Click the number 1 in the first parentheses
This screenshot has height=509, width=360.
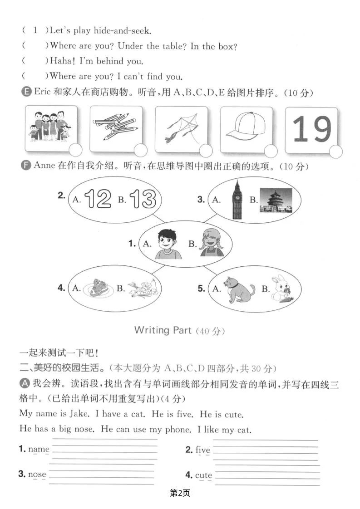point(35,30)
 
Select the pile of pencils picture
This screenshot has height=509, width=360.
point(115,127)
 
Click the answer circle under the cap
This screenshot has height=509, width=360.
point(271,151)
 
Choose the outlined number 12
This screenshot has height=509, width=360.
point(97,199)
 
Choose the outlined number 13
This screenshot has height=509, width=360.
point(143,199)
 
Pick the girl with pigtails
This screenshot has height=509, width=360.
point(212,243)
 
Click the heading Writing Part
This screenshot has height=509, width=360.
point(163,330)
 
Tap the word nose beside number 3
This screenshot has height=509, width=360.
point(37,474)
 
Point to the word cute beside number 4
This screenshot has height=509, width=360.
point(204,475)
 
